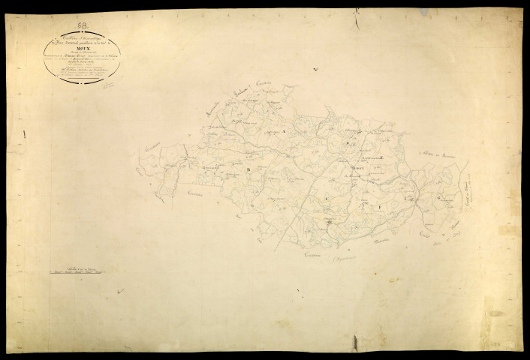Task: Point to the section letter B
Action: pyautogui.click(x=247, y=170)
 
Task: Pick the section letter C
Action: pyautogui.click(x=327, y=196)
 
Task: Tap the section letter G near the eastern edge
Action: pyautogui.click(x=437, y=198)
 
